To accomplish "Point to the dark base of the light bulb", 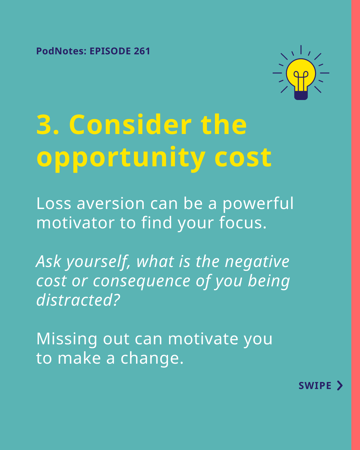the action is click(x=301, y=95).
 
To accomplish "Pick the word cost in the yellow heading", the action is click(x=243, y=158).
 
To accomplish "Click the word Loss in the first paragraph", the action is click(x=54, y=203).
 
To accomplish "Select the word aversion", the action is click(x=111, y=203).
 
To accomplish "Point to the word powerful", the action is click(x=258, y=203).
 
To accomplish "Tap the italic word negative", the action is click(x=257, y=262).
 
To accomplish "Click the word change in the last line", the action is click(x=150, y=358).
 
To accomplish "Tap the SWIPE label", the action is click(x=315, y=386).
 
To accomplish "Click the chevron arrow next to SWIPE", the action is click(x=340, y=386).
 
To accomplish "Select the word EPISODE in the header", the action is click(x=110, y=51).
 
